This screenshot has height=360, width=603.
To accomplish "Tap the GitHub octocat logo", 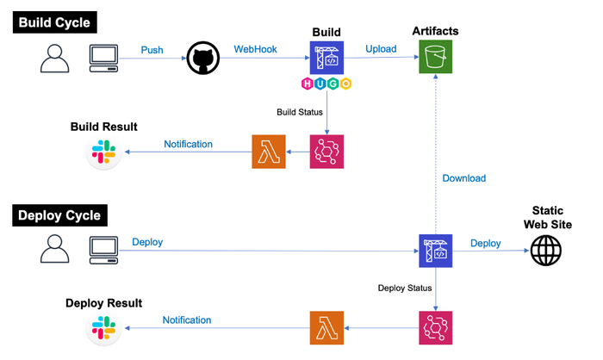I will click(202, 59).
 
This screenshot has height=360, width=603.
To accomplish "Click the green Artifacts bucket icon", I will click(436, 59).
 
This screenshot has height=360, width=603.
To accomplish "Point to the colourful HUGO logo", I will click(326, 84).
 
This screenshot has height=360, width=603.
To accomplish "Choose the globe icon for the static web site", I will click(545, 251).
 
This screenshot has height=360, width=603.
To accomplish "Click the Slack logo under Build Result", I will click(104, 152).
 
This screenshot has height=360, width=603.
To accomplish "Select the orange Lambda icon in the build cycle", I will click(268, 152).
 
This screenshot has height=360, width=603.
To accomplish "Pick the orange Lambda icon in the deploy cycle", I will click(326, 328).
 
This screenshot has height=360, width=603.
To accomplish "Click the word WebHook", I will click(255, 50).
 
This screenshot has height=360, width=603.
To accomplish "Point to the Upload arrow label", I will click(381, 49).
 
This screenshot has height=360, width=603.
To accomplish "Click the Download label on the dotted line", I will click(463, 178).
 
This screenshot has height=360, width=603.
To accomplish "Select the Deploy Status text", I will click(404, 288).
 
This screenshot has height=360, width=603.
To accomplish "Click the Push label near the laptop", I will click(152, 50).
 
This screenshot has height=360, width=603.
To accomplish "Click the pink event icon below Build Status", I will click(326, 152).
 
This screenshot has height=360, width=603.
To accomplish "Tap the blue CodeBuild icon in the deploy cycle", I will click(436, 251).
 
